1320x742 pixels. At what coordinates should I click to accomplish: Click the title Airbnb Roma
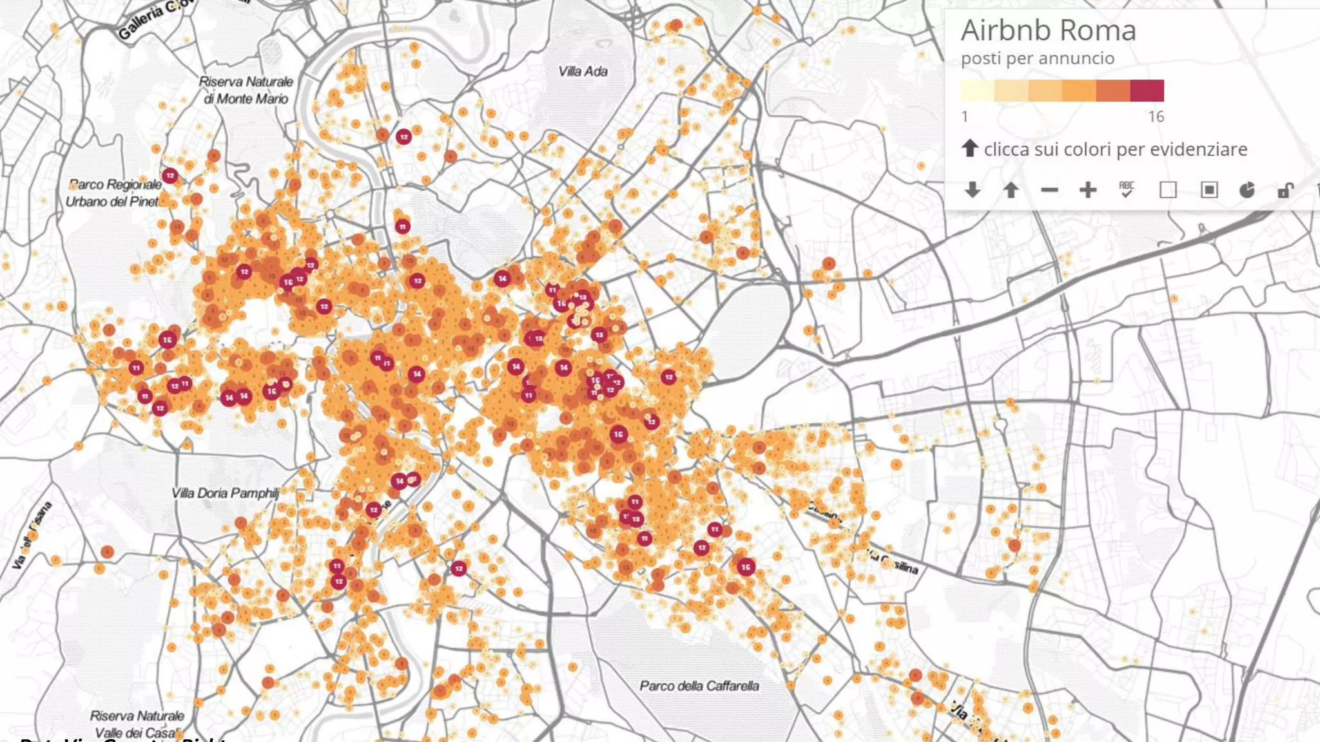point(1048,30)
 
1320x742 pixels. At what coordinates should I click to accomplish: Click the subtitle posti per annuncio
point(1037,59)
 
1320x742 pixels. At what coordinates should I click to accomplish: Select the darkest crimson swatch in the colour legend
point(1147,91)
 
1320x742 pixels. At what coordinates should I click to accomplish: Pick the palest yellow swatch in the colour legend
point(977,91)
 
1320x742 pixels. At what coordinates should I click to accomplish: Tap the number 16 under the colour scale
point(1156,117)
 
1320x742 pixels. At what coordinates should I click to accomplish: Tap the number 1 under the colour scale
point(965,117)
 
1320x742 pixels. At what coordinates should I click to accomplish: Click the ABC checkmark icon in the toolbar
point(1126,189)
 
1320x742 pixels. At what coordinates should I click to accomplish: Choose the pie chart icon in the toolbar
point(1247,190)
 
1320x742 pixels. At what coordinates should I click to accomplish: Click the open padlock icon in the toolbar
point(1285,190)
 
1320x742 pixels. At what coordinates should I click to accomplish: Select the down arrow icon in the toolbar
point(973,190)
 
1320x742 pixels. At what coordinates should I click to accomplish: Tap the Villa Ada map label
point(583,71)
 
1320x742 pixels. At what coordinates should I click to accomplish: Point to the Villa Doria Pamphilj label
point(226,493)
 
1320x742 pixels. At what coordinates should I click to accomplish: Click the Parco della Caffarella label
point(699,686)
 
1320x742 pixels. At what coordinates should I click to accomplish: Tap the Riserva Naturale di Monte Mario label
point(246,90)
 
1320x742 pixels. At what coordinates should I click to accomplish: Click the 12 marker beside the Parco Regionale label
point(170,175)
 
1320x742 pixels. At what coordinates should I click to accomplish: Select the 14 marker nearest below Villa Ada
point(502,278)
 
